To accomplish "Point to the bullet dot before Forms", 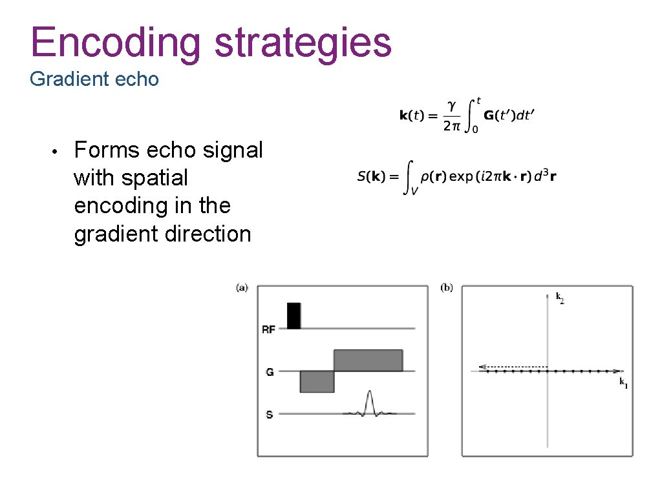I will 56,151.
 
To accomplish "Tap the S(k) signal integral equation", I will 456,176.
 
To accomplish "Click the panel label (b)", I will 446,287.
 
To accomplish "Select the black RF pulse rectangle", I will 294,315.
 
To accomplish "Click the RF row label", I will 268,329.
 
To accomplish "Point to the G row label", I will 270,372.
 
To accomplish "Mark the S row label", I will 270,414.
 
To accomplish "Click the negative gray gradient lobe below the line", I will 317,382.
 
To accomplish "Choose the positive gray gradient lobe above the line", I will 368,360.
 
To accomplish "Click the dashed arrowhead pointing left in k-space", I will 482,367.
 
